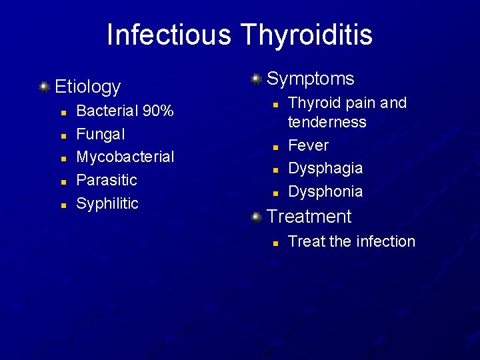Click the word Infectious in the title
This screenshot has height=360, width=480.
[x=169, y=35]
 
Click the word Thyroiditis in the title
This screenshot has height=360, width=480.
[x=304, y=35]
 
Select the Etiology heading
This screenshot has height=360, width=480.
[x=87, y=87]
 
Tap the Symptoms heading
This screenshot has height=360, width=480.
[x=310, y=79]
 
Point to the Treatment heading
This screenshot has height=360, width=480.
[x=309, y=217]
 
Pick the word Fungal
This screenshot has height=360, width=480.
[x=101, y=134]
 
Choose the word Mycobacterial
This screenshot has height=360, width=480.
[x=125, y=157]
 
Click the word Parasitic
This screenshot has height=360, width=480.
[x=107, y=180]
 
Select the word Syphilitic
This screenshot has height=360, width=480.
[x=107, y=203]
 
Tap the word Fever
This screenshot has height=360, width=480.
[x=308, y=145]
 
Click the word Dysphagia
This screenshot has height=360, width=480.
[x=325, y=168]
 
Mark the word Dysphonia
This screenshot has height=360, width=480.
[x=325, y=191]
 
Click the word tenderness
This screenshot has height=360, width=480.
[x=327, y=122]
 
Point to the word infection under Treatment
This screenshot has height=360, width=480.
[x=384, y=241]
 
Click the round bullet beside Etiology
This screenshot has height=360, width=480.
[x=43, y=87]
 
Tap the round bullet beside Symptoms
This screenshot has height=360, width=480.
[x=255, y=79]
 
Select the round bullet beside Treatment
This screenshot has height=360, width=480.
[x=255, y=217]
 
